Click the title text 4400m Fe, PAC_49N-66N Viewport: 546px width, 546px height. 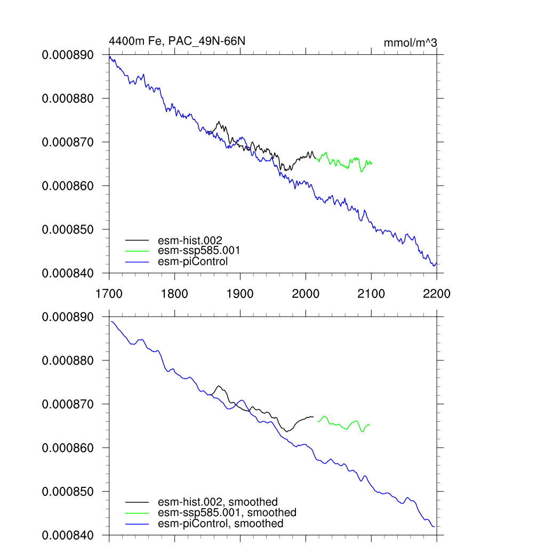[x=177, y=41]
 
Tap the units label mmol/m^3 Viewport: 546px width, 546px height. [x=411, y=43]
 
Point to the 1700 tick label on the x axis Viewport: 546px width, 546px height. [x=109, y=294]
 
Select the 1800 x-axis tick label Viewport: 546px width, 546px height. [x=174, y=294]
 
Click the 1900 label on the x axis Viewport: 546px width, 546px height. [x=240, y=294]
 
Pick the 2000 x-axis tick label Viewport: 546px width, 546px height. [x=306, y=294]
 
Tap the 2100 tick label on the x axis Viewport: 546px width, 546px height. [x=371, y=294]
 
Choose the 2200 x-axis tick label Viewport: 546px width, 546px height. [x=437, y=294]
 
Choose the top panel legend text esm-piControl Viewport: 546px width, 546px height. [x=193, y=261]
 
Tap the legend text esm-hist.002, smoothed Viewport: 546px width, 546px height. [x=218, y=502]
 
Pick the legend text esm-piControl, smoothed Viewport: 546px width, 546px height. [x=221, y=524]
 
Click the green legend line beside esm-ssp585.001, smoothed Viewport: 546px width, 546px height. [x=138, y=513]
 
